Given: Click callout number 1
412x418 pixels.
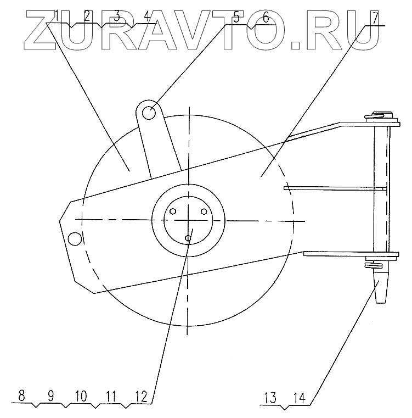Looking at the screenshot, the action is tap(57, 16).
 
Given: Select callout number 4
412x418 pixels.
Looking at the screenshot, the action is tap(146, 17).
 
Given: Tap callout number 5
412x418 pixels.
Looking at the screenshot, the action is tap(236, 18).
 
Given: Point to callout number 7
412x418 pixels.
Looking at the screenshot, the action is tap(375, 18).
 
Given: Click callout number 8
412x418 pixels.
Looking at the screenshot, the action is tap(21, 395).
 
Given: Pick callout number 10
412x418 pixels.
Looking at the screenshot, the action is tap(81, 396).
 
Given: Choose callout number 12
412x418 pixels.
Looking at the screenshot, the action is tap(141, 397).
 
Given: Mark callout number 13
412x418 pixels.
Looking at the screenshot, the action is tap(270, 398).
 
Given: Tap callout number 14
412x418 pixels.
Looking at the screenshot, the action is tap(300, 398).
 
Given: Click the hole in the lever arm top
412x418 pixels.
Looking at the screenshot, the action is tap(149, 113).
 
